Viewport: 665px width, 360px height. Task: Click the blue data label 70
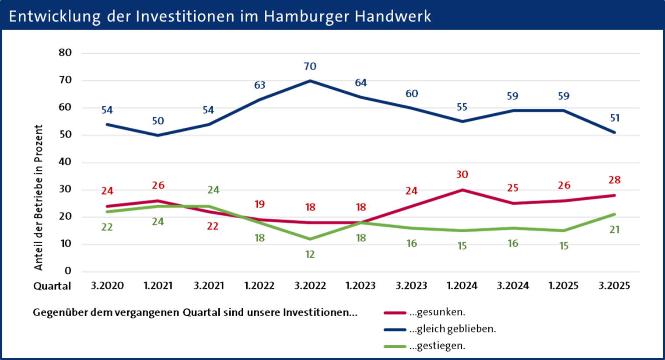pos(310,66)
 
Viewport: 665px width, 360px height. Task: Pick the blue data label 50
pos(158,121)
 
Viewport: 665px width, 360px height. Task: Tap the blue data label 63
pos(260,85)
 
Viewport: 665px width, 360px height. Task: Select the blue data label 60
pos(412,94)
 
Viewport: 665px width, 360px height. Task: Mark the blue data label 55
pos(462,107)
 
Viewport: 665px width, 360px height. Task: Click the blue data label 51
pos(615,118)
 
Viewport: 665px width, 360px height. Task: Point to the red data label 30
pos(462,175)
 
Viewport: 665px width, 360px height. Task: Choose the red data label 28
pos(615,180)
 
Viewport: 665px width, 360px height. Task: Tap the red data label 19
pos(260,204)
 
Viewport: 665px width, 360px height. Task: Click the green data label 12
pos(310,254)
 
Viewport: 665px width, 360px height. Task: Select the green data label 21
pos(615,230)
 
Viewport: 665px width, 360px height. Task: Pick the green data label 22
pos(107,227)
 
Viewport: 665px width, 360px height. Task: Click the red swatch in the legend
pos(395,313)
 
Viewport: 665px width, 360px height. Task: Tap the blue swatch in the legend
pos(395,329)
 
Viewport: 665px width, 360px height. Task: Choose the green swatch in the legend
pos(395,346)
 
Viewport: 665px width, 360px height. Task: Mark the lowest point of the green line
pos(310,239)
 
